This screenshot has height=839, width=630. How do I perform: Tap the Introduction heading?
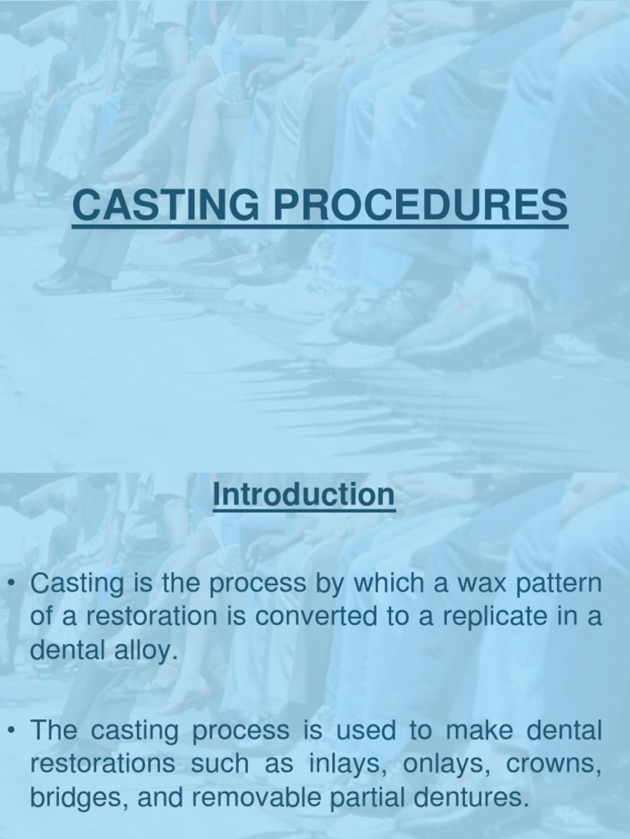click(303, 495)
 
